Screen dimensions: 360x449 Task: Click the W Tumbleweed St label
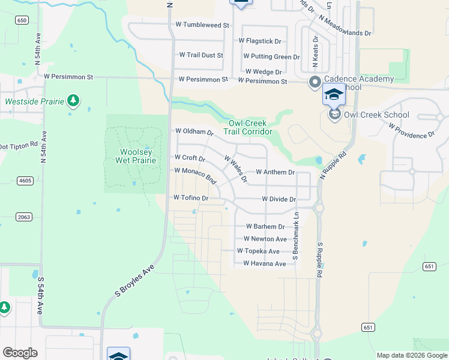(x=202, y=25)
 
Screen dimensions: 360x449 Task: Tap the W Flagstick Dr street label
(x=260, y=41)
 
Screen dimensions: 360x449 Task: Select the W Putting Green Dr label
(x=271, y=57)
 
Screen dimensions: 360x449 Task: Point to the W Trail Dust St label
(x=201, y=55)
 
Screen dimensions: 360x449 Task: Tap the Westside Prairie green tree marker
(x=73, y=100)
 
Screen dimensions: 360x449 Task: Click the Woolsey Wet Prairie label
(x=136, y=155)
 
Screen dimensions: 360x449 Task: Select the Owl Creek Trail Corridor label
(x=248, y=127)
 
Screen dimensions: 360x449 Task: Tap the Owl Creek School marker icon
(x=334, y=114)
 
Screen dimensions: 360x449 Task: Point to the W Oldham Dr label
(x=194, y=131)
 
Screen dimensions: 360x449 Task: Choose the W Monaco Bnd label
(x=196, y=175)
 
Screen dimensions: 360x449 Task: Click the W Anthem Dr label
(x=275, y=172)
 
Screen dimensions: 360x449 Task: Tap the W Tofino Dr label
(x=190, y=198)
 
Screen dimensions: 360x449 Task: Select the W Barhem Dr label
(x=265, y=227)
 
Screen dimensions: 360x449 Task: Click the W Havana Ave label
(x=265, y=264)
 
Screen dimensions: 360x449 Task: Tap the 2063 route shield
(x=25, y=217)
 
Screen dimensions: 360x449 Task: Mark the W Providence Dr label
(x=412, y=131)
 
